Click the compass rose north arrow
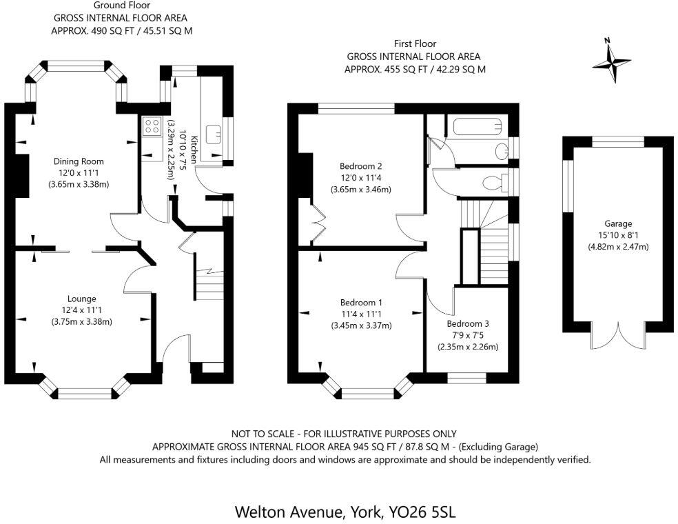coord(612,62)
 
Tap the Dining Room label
coord(79,161)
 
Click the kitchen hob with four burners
coord(151,126)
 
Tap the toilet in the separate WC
coord(493,183)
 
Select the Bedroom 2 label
coord(360,166)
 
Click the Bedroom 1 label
coord(361,302)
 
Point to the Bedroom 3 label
coord(468,323)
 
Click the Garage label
coord(618,223)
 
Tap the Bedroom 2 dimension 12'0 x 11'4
coord(360,178)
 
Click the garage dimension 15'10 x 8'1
coord(618,235)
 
